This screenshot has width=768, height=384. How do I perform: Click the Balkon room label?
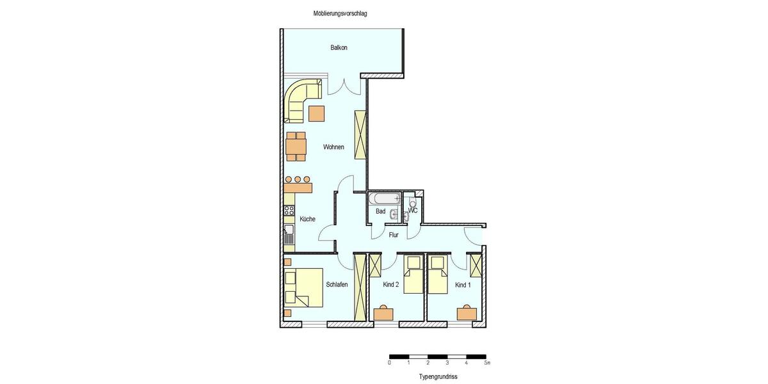click(339, 48)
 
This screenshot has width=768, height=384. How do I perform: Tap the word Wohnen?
click(333, 147)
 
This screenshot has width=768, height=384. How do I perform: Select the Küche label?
click(307, 220)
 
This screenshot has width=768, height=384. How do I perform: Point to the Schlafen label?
click(337, 285)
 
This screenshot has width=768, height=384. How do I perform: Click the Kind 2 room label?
click(391, 285)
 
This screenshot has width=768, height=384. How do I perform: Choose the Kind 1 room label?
click(463, 285)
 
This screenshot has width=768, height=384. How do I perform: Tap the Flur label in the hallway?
click(394, 235)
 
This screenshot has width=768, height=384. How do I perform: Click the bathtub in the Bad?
click(384, 198)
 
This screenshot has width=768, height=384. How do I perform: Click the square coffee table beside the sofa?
click(317, 113)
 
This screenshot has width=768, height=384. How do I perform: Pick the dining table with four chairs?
click(296, 147)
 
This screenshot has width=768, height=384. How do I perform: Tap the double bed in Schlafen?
click(303, 286)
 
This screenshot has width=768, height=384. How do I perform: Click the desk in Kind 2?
click(384, 314)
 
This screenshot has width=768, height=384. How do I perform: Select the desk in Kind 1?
click(467, 313)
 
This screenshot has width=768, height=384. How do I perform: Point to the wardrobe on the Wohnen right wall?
click(360, 135)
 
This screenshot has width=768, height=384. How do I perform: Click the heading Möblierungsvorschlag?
click(340, 13)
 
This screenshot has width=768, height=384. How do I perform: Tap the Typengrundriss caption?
click(438, 377)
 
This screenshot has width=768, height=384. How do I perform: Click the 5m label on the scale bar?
click(486, 363)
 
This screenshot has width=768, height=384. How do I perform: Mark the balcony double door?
click(345, 84)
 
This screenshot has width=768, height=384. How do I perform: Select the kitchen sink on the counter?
click(289, 235)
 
